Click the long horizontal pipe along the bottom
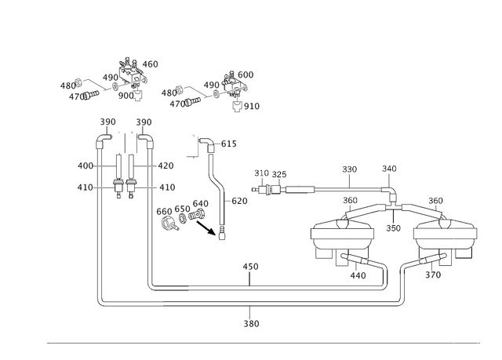point(275,300)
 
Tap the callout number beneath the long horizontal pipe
point(251,323)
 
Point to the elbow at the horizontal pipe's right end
point(402,300)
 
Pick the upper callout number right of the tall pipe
point(166,165)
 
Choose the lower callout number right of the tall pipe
point(166,187)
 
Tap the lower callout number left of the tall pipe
point(84,187)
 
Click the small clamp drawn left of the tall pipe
point(119,188)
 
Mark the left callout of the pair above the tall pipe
point(107,122)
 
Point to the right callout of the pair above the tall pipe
point(143,122)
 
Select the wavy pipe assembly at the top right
point(208,90)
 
